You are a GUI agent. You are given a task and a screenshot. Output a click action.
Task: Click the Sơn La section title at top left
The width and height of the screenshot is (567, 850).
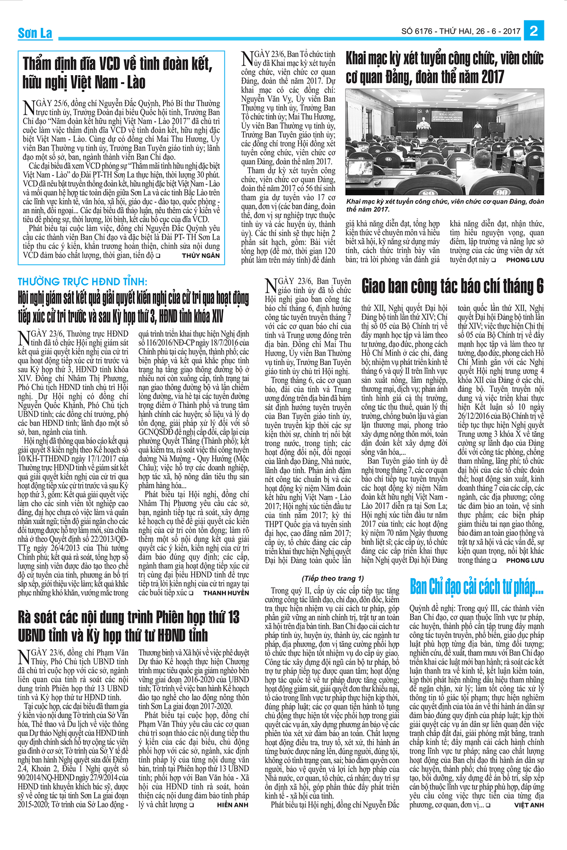click(35, 33)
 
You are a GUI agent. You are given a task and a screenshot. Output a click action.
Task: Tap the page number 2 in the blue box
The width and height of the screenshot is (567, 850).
click(534, 31)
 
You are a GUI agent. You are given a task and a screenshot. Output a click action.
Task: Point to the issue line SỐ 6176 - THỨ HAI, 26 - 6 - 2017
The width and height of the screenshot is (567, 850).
click(461, 32)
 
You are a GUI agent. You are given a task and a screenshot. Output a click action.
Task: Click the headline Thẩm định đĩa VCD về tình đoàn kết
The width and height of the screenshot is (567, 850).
click(117, 73)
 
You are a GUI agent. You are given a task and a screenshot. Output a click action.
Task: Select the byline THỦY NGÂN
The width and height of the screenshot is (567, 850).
click(201, 255)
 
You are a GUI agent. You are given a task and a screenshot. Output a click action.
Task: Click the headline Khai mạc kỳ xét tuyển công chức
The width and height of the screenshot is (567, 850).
click(445, 68)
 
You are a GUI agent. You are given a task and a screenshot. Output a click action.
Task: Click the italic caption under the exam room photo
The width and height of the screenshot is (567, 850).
click(445, 205)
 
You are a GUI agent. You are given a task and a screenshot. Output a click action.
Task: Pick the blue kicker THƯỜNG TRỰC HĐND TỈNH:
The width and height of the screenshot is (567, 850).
click(82, 282)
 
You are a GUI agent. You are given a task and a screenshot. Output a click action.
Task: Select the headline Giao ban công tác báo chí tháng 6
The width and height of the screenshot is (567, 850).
click(453, 286)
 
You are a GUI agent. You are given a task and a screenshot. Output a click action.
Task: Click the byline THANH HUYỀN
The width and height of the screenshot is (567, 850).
click(226, 593)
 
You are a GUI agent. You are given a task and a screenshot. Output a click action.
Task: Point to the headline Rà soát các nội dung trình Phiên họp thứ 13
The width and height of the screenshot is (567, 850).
click(129, 626)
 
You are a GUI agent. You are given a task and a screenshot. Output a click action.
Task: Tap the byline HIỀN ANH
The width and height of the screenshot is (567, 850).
click(233, 805)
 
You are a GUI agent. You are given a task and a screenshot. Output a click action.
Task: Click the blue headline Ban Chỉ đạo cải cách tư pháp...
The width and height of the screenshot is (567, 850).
click(476, 587)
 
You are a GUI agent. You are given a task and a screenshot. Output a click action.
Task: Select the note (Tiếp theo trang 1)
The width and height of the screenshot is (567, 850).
click(333, 578)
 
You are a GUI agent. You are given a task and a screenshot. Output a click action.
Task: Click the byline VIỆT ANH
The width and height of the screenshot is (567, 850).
click(529, 805)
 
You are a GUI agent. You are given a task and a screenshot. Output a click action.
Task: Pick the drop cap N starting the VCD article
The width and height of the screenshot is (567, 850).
click(28, 107)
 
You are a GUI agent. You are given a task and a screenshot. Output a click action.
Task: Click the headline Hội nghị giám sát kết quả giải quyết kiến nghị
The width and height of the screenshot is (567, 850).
click(133, 307)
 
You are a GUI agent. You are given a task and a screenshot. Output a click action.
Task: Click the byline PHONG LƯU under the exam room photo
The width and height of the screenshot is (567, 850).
click(525, 260)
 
